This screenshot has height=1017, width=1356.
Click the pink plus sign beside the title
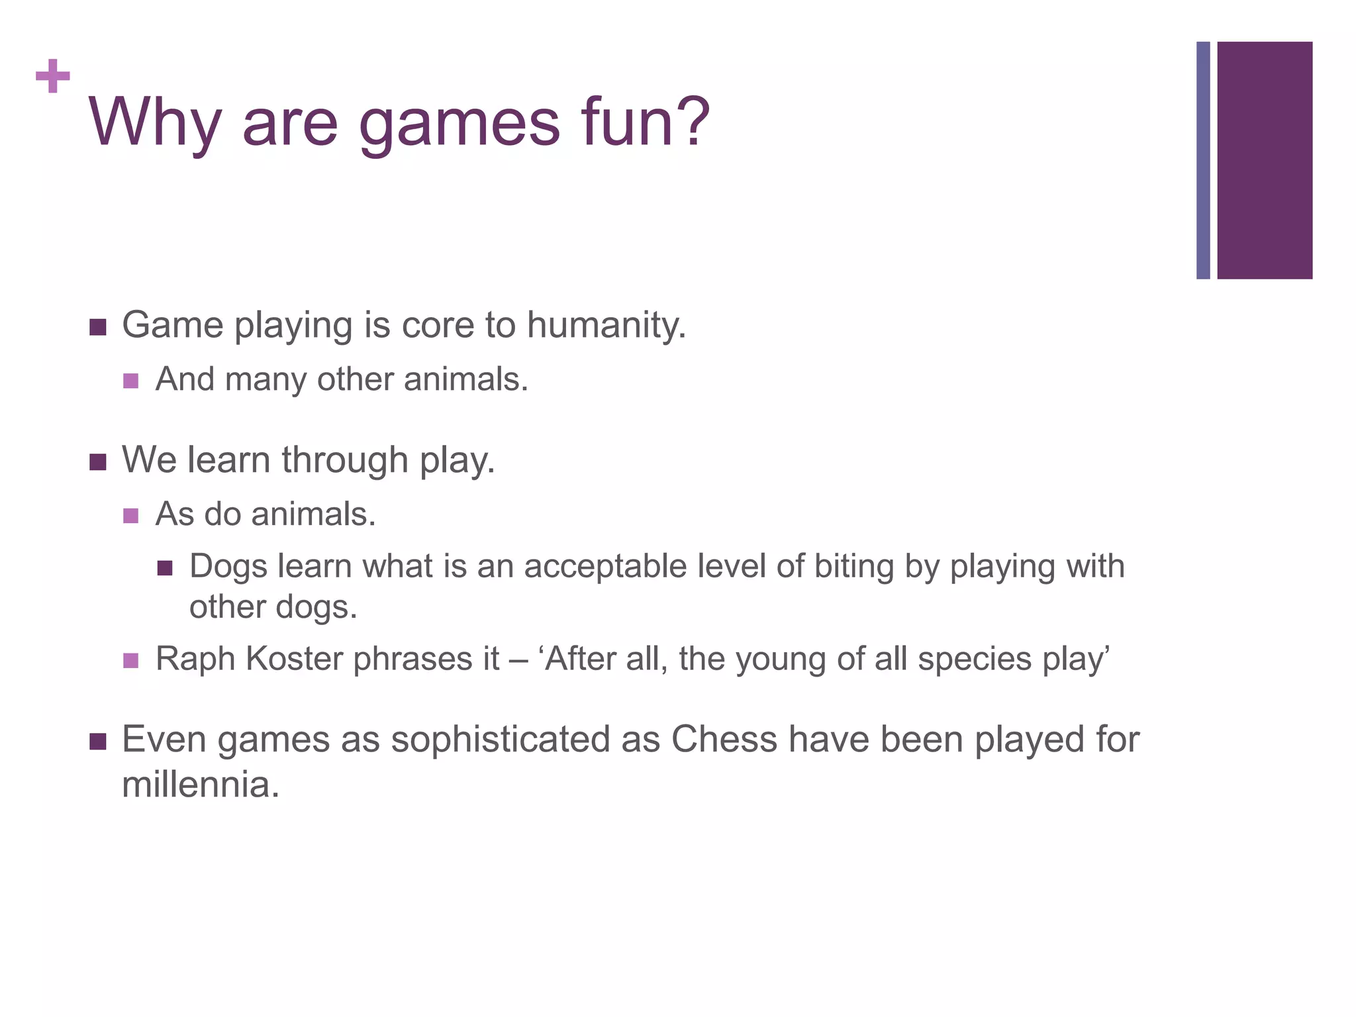coord(53,76)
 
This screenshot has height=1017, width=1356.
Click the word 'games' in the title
coord(460,123)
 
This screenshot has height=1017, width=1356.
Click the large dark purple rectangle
coord(1264,160)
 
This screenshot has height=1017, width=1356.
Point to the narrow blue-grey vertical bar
coord(1202,160)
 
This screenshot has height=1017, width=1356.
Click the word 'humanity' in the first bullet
coord(605,326)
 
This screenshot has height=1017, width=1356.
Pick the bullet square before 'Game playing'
coord(98,327)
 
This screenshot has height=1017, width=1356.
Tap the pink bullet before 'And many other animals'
coord(131,381)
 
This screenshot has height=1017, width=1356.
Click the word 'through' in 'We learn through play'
coord(344,460)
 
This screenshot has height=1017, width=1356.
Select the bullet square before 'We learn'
coord(98,461)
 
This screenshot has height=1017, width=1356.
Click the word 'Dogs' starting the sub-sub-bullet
coord(228,567)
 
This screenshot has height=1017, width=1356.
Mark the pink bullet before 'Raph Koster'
coord(131,660)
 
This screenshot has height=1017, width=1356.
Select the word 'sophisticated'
coord(500,740)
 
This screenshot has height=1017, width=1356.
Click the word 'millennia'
coord(197,785)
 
